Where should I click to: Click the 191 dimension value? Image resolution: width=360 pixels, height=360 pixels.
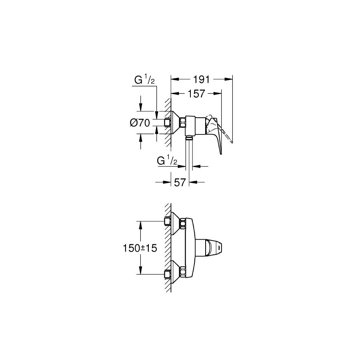pos(201,80)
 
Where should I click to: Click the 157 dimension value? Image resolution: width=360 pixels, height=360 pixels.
pos(196,94)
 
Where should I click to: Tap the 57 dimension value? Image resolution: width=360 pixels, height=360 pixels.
pos(180,182)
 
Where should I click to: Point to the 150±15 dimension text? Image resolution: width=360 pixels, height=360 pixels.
pos(140,248)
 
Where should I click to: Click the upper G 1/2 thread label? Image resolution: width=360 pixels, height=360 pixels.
pos(144,80)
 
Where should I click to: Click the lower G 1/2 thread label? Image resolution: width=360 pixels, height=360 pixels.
pos(167,161)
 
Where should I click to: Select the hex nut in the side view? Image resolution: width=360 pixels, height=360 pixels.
pos(182,123)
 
